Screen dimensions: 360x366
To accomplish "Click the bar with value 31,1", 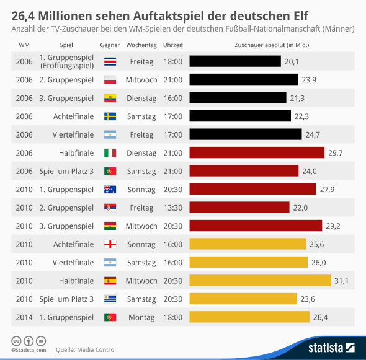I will tap(259, 281).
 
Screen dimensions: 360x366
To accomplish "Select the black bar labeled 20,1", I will tap(235, 61).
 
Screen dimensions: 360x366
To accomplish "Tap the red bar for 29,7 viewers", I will tap(257, 152).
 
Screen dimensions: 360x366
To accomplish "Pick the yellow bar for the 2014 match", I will tap(249, 317).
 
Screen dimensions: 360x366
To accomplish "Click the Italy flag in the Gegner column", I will tap(110, 152).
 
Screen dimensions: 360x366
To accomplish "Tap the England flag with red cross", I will tap(110, 244).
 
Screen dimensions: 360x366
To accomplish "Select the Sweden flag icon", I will tap(110, 116).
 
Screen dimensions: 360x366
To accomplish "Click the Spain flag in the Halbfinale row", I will tap(110, 281).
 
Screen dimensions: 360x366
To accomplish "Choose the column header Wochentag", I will tap(141, 45).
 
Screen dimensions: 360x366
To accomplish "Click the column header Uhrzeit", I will tap(172, 45).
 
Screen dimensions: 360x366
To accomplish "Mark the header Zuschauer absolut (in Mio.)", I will tap(272, 45).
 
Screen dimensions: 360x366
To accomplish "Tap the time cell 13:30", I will tap(172, 208).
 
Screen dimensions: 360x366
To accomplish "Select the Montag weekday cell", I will tap(141, 317).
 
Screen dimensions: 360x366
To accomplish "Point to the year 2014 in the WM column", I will tap(24, 317).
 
